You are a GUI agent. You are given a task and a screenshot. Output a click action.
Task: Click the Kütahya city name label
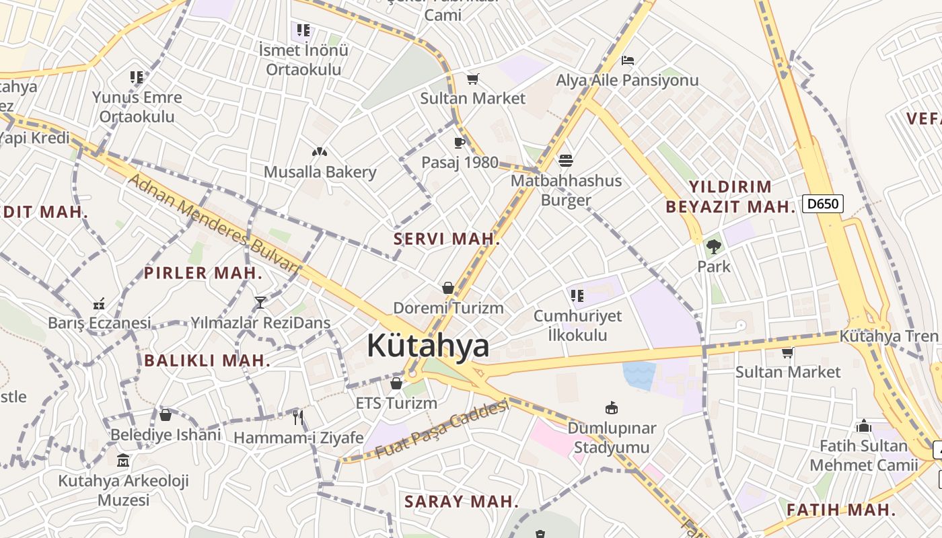(428, 346)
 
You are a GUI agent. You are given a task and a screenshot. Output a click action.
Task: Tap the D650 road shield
(822, 203)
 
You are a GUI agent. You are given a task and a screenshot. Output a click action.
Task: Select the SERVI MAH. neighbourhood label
(447, 239)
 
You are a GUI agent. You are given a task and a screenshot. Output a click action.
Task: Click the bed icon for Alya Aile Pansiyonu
(628, 61)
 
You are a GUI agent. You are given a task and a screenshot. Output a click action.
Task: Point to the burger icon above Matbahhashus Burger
(566, 161)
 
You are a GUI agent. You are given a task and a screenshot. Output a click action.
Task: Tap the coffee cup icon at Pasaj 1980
(460, 143)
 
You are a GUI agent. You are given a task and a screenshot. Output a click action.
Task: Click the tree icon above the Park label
(713, 247)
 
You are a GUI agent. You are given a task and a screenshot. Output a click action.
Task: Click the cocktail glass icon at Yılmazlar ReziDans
(260, 302)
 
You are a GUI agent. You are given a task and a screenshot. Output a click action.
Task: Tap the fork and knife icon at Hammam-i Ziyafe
(298, 418)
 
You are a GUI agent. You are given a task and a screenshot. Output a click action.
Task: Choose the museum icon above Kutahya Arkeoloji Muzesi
(123, 461)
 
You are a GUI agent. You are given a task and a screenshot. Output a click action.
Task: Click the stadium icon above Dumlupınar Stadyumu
(612, 408)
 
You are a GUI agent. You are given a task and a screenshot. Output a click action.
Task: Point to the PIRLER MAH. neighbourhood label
(203, 273)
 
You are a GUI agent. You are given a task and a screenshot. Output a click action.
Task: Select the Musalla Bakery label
(320, 172)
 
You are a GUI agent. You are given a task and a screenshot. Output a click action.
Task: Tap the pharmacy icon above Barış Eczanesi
(99, 303)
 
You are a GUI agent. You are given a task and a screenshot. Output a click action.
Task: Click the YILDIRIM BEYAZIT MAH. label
(730, 196)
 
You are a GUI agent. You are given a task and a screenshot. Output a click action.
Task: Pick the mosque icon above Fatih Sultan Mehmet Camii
(864, 426)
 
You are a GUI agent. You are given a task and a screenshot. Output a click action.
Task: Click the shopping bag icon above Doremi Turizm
(448, 288)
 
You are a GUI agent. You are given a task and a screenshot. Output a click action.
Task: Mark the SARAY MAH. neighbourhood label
(462, 501)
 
